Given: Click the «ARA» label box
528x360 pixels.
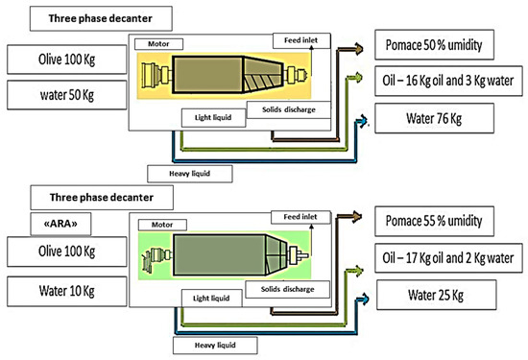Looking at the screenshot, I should [59, 224].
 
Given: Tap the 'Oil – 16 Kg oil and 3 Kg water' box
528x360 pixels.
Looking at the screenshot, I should [444, 82].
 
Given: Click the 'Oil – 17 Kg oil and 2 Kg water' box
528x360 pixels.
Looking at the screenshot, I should [444, 256].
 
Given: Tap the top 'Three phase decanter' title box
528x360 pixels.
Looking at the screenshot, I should [91, 16].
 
